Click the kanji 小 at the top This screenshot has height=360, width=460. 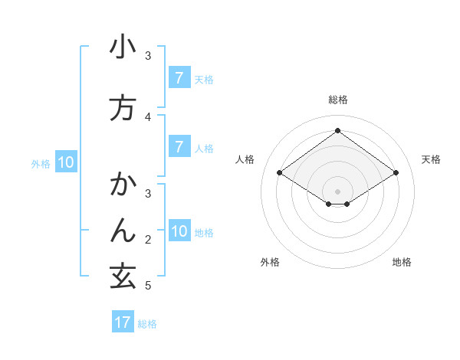point(123,47)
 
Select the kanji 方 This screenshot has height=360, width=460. point(123,108)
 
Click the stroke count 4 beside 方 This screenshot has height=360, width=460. point(148,116)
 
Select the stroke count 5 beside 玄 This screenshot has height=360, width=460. point(148,286)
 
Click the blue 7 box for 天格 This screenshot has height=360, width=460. point(179,77)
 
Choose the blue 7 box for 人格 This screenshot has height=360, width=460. point(179,146)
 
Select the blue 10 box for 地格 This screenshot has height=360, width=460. point(179,231)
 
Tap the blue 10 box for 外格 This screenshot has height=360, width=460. point(65,162)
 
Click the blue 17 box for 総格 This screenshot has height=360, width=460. point(123,322)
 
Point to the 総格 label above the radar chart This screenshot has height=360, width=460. point(337,100)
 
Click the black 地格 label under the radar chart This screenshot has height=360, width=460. point(402,262)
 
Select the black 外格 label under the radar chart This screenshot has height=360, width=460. point(270,262)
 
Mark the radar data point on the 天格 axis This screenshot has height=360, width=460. point(396,173)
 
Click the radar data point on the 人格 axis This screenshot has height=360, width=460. point(279,173)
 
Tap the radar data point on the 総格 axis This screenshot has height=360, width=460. point(337,131)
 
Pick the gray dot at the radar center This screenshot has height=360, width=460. point(337,191)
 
